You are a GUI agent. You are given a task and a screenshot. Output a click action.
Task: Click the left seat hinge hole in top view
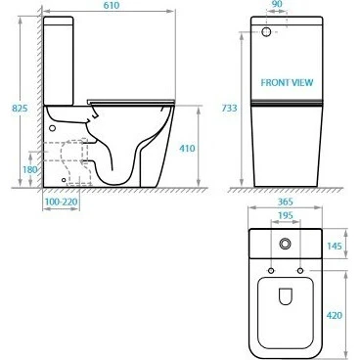[271, 267]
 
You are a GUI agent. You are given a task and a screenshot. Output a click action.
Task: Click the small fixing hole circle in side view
[52, 125]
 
